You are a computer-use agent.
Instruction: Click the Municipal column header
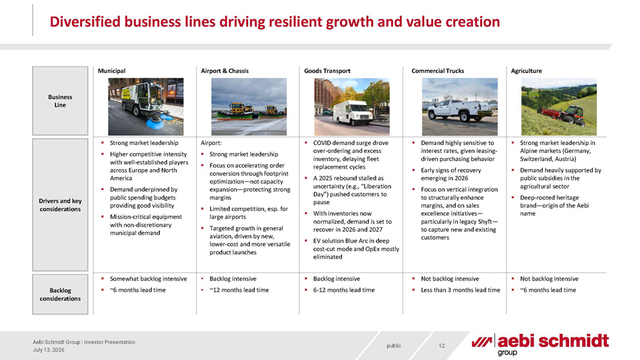tap(111, 71)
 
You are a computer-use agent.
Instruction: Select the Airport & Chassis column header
tap(225, 71)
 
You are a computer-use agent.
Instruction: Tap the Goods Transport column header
tap(327, 71)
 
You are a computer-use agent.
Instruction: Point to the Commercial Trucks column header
tap(438, 71)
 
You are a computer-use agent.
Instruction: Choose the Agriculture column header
tap(526, 71)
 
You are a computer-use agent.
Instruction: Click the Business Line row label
tap(60, 101)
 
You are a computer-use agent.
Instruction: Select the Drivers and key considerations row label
tap(60, 205)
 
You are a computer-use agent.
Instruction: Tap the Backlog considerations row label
tap(60, 295)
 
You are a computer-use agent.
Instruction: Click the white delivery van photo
tap(352, 107)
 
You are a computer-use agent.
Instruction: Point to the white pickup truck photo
tap(459, 107)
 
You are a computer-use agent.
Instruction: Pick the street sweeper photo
tap(146, 107)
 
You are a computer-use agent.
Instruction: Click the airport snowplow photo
tap(249, 107)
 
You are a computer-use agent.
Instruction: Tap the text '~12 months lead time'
tap(239, 290)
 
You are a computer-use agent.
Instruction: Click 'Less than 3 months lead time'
tap(461, 290)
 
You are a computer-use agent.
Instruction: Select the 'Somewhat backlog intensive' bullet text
tap(148, 279)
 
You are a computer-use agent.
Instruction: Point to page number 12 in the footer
tap(442, 346)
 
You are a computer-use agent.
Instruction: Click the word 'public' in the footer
tap(394, 346)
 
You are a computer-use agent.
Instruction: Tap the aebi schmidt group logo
tap(540, 344)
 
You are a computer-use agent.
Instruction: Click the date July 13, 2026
tap(49, 350)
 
